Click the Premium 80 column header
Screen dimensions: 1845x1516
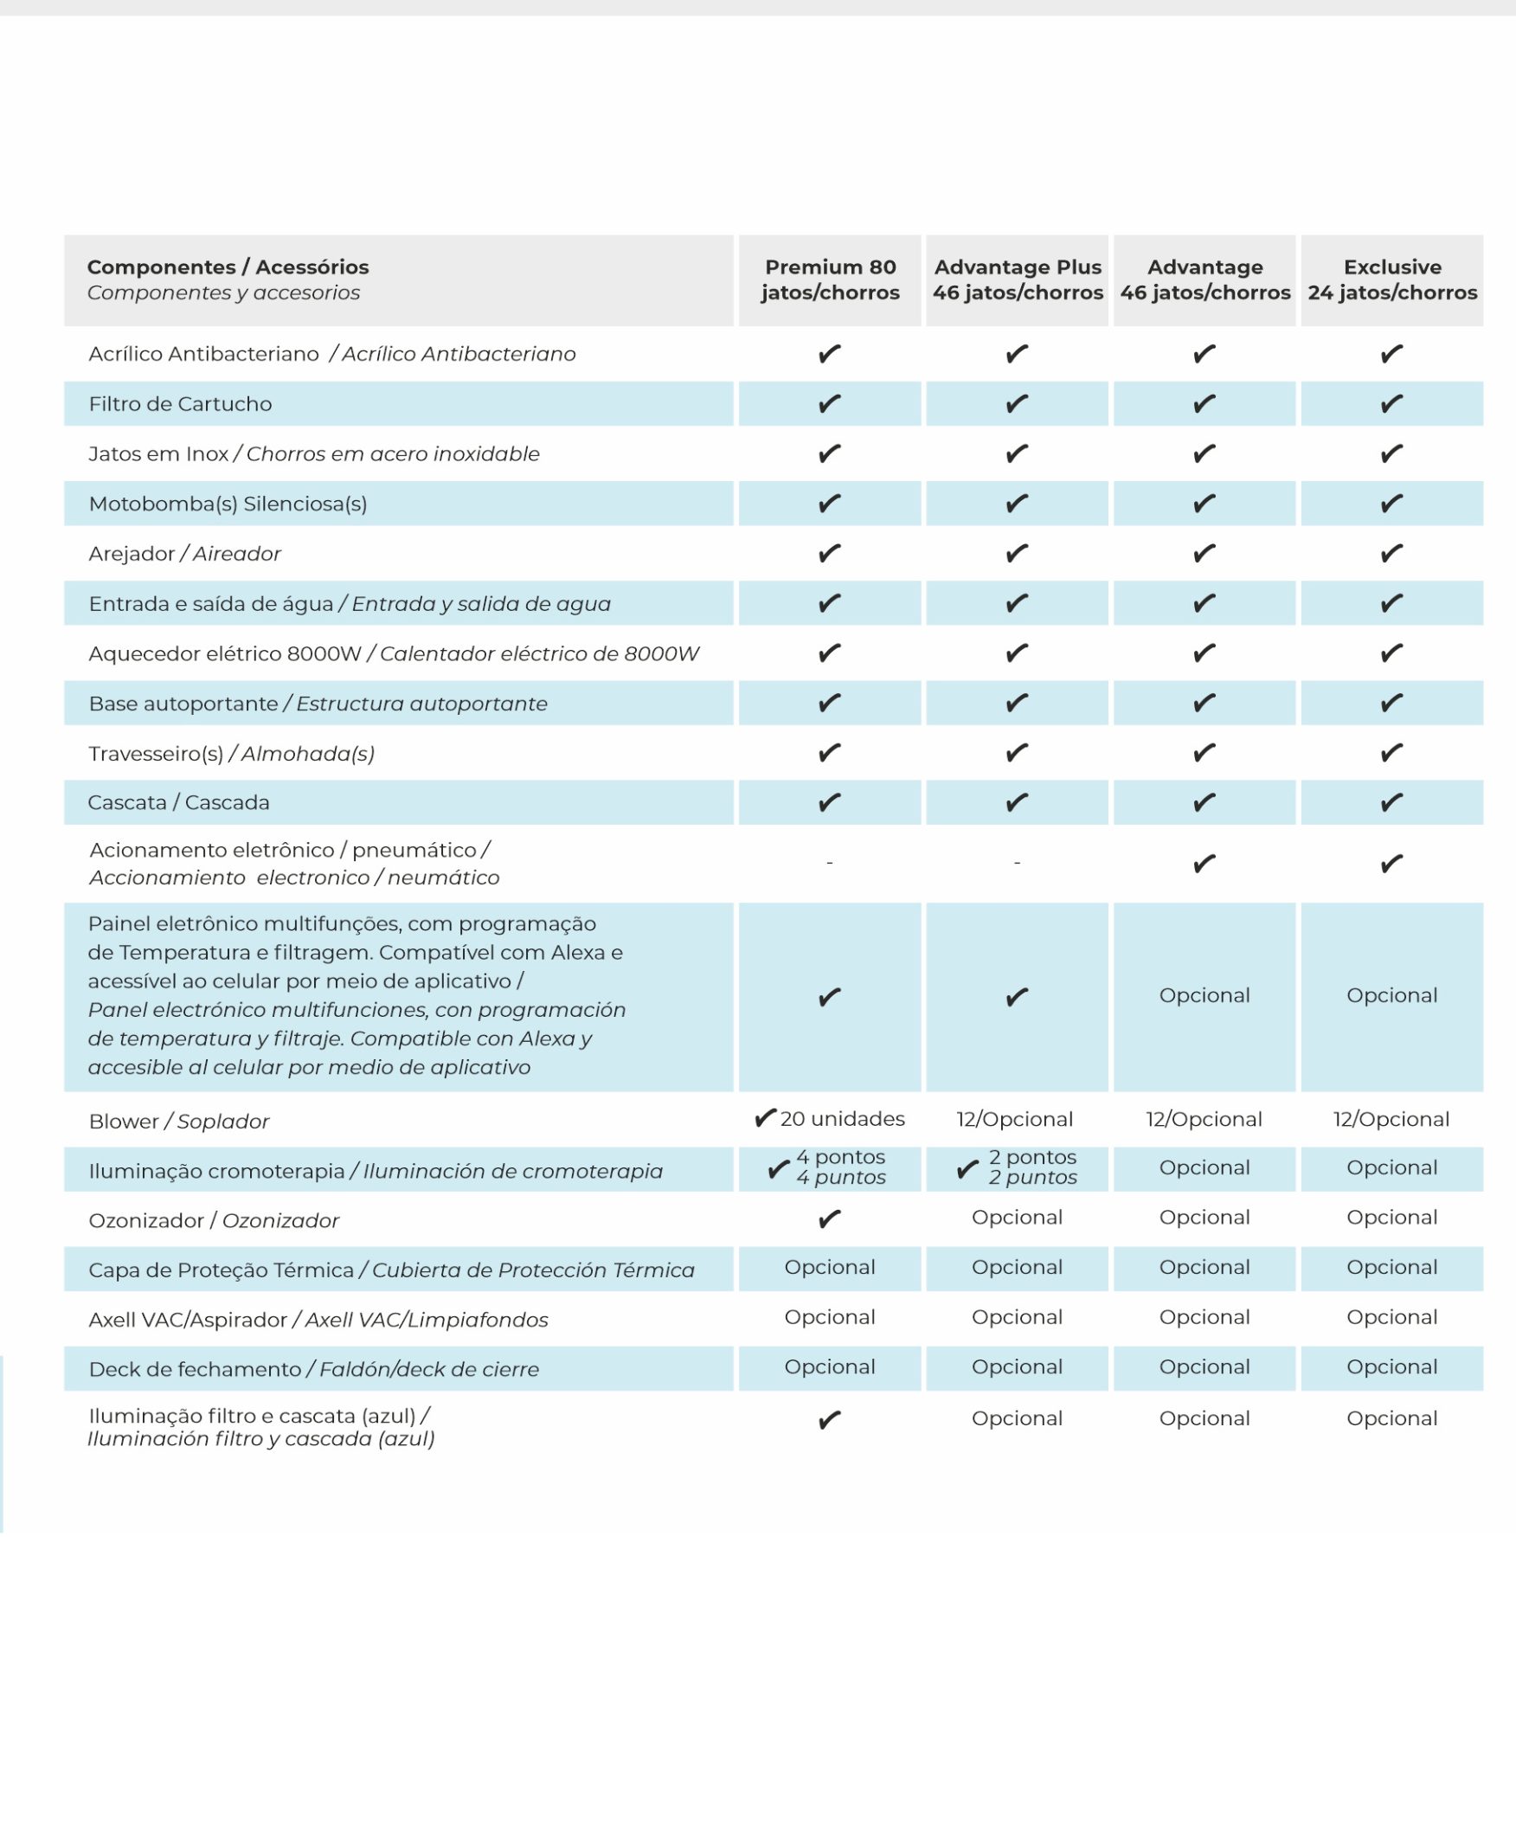tap(830, 280)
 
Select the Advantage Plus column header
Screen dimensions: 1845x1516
tap(1018, 280)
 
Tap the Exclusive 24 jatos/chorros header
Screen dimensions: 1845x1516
tap(1392, 280)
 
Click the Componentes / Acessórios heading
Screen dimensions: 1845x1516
tap(228, 267)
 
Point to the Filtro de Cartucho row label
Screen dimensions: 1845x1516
tap(181, 404)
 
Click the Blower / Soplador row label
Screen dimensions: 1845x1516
tap(179, 1122)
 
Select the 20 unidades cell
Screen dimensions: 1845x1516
tap(832, 1119)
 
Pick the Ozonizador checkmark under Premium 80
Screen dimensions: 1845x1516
tap(830, 1219)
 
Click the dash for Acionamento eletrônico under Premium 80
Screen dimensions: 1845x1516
tap(830, 864)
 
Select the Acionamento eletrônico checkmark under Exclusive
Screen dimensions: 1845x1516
tap(1392, 864)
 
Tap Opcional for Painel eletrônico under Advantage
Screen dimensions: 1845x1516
tap(1204, 995)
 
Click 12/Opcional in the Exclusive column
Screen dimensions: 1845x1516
tap(1391, 1120)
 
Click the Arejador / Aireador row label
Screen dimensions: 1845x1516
tap(185, 554)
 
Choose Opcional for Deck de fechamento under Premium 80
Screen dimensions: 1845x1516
tap(830, 1367)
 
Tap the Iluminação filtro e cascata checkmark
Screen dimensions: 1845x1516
tap(830, 1421)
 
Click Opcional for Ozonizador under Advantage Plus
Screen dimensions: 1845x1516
tap(1018, 1218)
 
